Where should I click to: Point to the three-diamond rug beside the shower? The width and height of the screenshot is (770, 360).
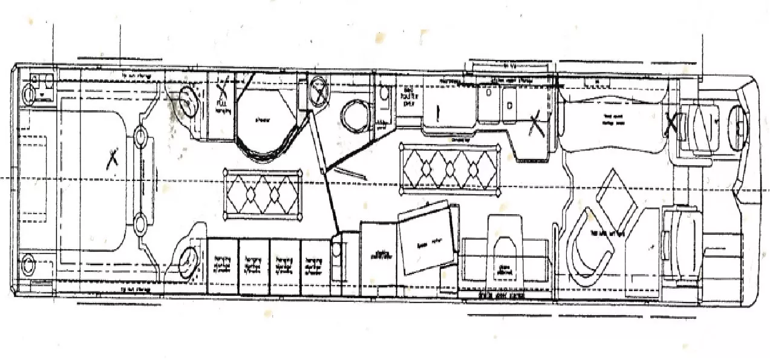click(x=263, y=194)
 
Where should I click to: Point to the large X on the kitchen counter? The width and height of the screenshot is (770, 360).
click(x=534, y=126)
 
